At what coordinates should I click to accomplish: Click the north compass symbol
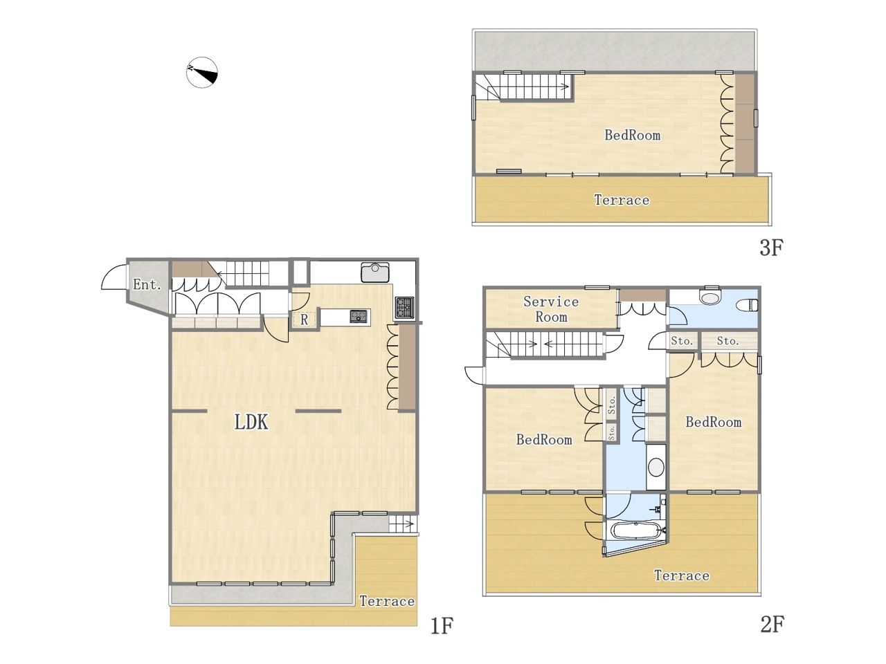(x=202, y=72)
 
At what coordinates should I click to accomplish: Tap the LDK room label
(x=251, y=422)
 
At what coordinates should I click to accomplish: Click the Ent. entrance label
(x=147, y=285)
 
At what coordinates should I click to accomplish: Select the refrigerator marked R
(x=305, y=320)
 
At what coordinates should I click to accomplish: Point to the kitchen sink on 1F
(x=375, y=272)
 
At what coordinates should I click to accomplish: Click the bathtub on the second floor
(x=636, y=530)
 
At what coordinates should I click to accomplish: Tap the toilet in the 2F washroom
(x=748, y=306)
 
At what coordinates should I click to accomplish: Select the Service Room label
(x=551, y=309)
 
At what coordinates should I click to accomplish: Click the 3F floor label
(x=771, y=248)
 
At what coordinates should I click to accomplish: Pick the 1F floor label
(x=442, y=626)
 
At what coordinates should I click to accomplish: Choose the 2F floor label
(x=772, y=625)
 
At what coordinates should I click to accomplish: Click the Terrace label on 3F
(x=622, y=200)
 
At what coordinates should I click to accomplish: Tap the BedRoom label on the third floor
(x=633, y=135)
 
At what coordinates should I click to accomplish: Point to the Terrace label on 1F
(x=387, y=601)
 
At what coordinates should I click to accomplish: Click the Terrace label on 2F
(x=681, y=575)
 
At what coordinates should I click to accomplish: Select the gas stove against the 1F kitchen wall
(x=404, y=307)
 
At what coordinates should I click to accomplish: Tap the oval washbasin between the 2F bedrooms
(x=656, y=468)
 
